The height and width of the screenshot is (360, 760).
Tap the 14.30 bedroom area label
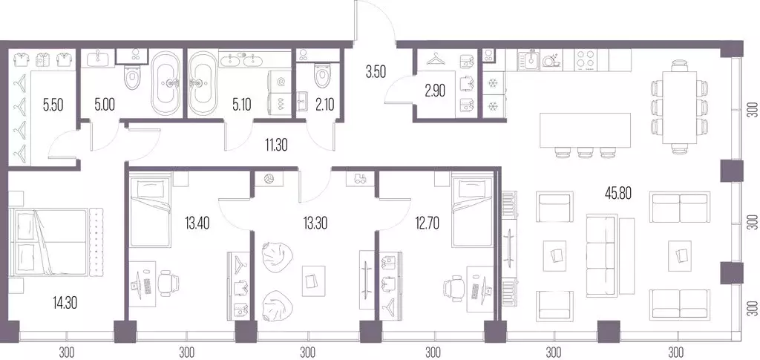pyautogui.click(x=65, y=303)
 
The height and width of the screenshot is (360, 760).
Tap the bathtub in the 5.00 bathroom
pyautogui.click(x=167, y=82)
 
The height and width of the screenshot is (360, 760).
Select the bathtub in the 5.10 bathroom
pyautogui.click(x=203, y=82)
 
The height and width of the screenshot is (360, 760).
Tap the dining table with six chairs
pyautogui.click(x=680, y=107)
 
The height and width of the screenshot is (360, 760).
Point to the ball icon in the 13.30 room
pyautogui.click(x=269, y=179)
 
